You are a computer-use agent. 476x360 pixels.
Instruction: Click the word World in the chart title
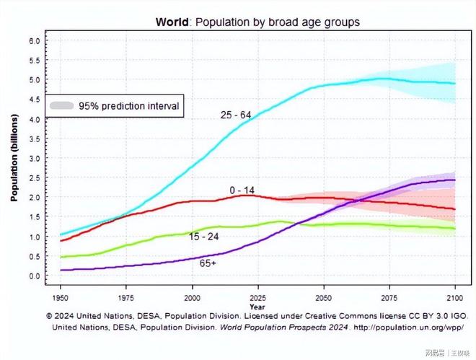pyautogui.click(x=172, y=22)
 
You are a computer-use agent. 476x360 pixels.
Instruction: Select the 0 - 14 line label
pyautogui.click(x=242, y=190)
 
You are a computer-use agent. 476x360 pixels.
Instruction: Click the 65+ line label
pyautogui.click(x=208, y=263)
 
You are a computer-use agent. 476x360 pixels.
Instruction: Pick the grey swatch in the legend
pyautogui.click(x=63, y=105)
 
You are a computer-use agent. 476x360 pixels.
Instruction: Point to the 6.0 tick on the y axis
pyautogui.click(x=34, y=40)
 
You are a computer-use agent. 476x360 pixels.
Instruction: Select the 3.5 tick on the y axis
pyautogui.click(x=34, y=139)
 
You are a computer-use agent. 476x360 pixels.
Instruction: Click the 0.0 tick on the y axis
pyautogui.click(x=34, y=276)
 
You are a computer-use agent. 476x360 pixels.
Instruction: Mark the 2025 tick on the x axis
pyautogui.click(x=257, y=297)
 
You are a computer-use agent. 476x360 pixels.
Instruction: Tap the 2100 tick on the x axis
pyautogui.click(x=454, y=297)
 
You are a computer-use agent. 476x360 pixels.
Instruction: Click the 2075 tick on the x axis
pyautogui.click(x=389, y=297)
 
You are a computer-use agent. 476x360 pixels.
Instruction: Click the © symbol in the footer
pyautogui.click(x=50, y=315)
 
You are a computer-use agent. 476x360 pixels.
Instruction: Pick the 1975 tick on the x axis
pyautogui.click(x=126, y=297)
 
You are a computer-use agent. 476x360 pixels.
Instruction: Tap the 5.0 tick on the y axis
pyautogui.click(x=34, y=79)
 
